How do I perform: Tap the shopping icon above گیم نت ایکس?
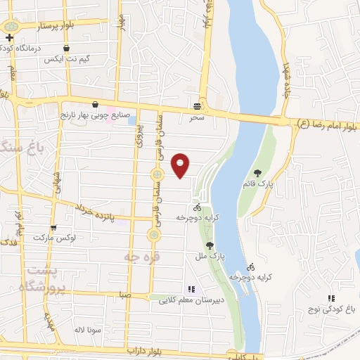point(66,49)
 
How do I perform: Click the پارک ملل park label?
point(211,257)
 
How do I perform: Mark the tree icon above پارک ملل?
point(210,245)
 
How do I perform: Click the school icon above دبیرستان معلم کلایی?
point(190,288)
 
